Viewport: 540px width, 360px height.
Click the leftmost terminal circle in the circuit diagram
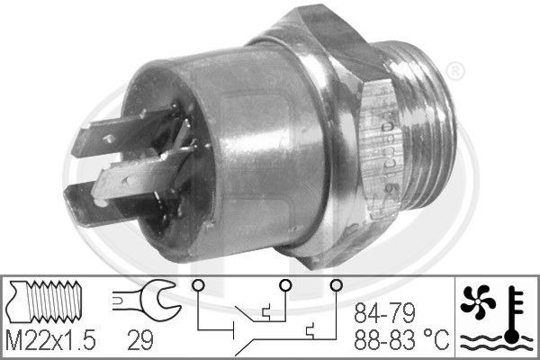pyautogui.click(x=196, y=287)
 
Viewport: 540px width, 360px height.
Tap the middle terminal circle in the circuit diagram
pyautogui.click(x=283, y=287)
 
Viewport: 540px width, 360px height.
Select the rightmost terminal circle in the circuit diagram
pyautogui.click(x=337, y=287)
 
